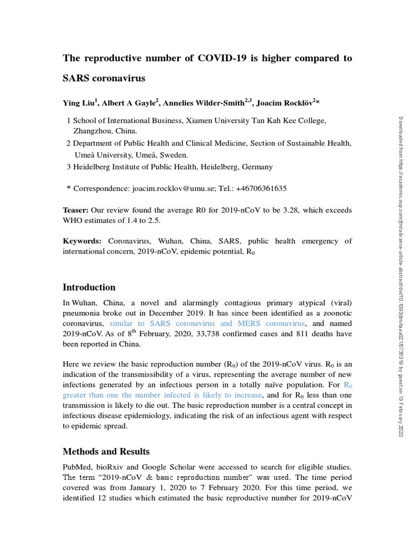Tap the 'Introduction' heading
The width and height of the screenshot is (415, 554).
click(89, 287)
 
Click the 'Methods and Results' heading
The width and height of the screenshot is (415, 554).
click(106, 451)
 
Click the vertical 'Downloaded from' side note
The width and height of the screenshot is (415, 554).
click(400, 271)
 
